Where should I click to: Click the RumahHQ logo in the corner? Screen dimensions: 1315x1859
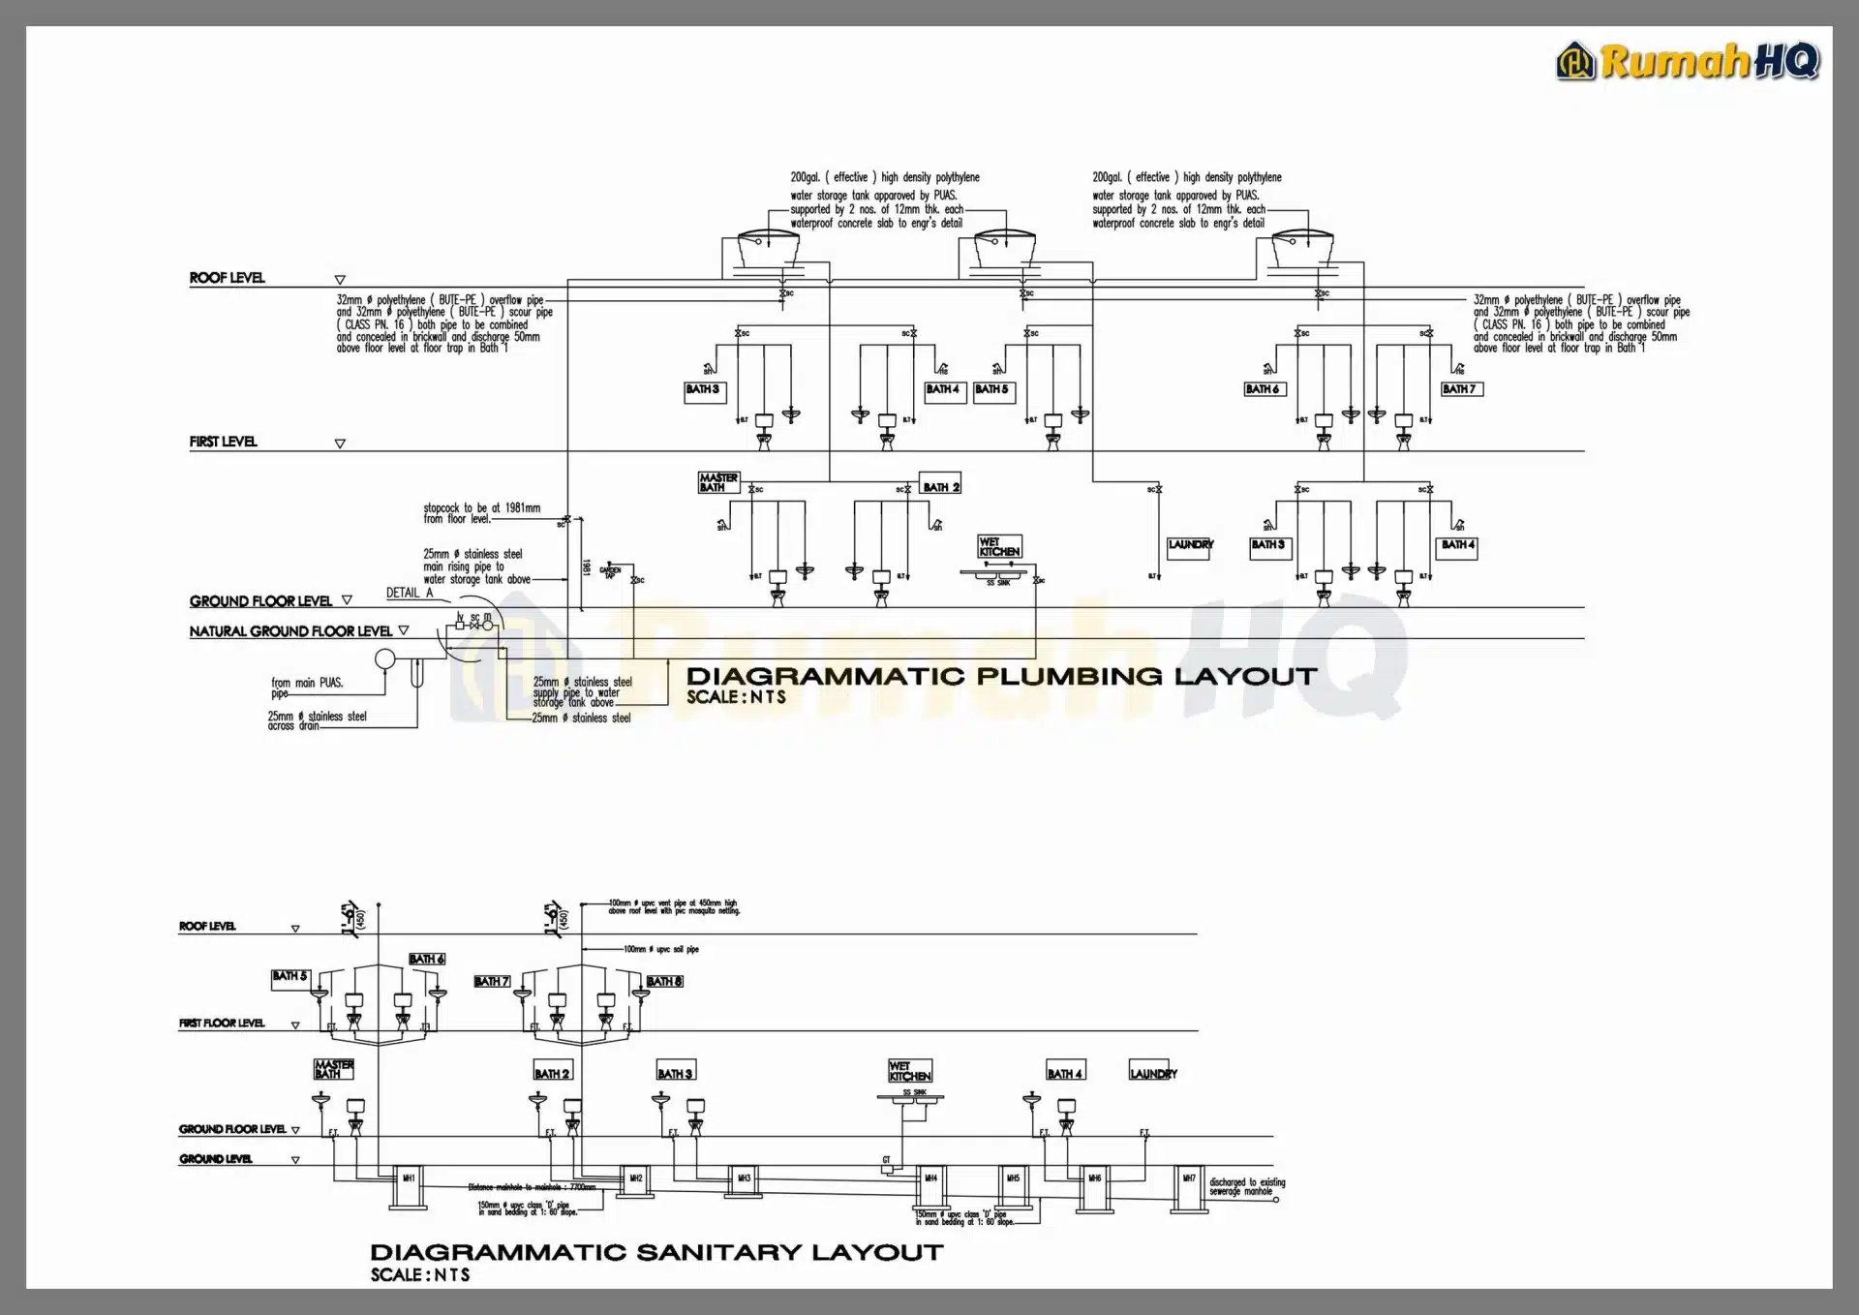(1688, 61)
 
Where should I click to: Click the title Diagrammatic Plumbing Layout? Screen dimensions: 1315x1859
(1001, 676)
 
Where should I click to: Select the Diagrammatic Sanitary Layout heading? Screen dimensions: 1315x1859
(656, 1252)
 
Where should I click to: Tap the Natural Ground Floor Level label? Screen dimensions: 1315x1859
(290, 631)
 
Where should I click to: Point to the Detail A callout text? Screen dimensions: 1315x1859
(409, 593)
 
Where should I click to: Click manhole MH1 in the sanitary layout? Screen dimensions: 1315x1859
(409, 1178)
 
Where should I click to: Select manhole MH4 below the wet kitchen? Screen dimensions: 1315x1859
(930, 1178)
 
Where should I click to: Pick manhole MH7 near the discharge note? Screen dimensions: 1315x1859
(1189, 1178)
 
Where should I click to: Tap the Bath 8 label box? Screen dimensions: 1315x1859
(664, 981)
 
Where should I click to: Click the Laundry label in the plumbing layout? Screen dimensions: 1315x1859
(1190, 545)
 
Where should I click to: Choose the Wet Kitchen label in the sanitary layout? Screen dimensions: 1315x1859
(909, 1071)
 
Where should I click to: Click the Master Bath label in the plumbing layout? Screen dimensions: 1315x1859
(718, 482)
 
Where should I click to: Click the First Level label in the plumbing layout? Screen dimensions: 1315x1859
(223, 442)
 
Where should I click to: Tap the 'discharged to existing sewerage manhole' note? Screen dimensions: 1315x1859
(1246, 1186)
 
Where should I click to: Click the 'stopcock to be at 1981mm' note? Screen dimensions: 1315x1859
(481, 513)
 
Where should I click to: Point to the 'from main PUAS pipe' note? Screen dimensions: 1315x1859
(306, 687)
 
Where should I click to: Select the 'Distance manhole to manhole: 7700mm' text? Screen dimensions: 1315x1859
(532, 1187)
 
